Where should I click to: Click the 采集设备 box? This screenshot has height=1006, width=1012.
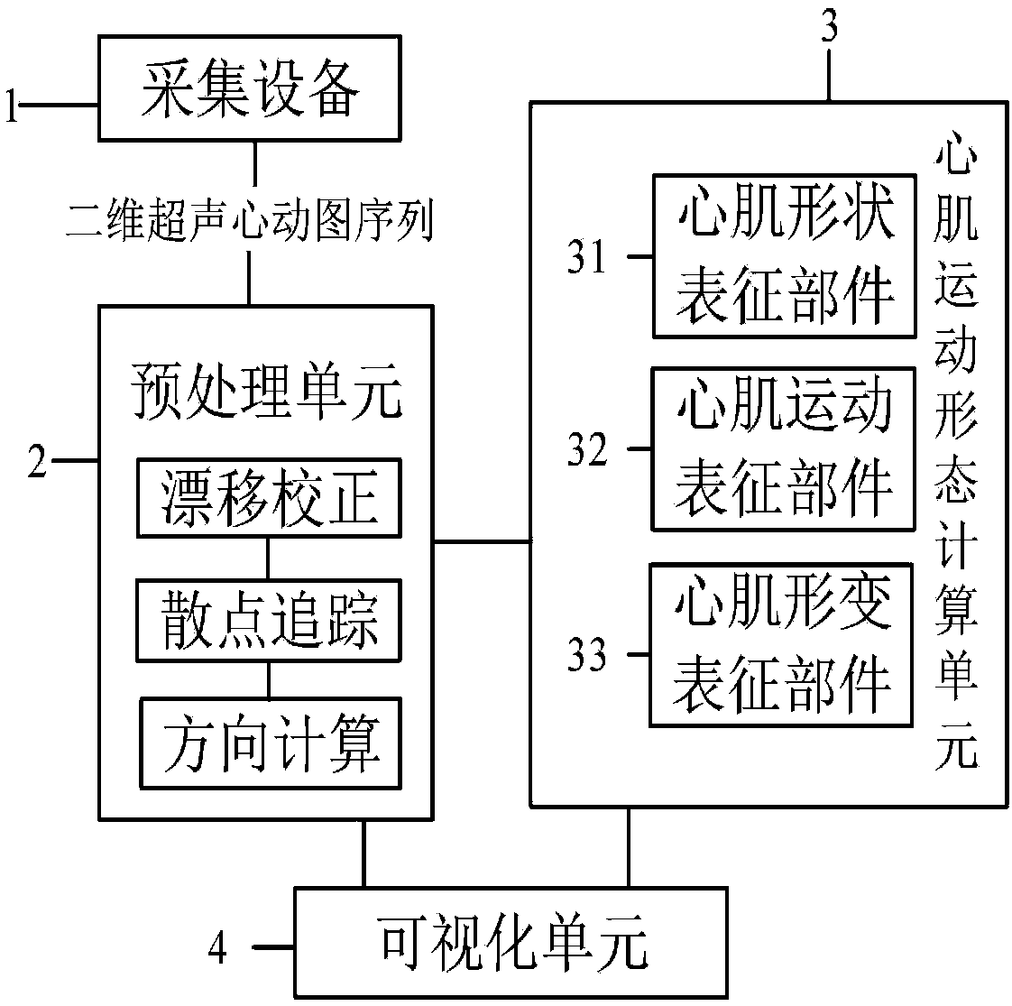(249, 88)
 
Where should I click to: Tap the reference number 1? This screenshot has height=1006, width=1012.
(11, 106)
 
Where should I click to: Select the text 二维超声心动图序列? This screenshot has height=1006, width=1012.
(249, 220)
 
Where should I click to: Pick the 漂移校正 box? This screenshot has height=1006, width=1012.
(269, 498)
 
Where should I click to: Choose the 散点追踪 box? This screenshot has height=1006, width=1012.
(269, 620)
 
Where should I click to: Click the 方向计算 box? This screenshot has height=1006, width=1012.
(271, 743)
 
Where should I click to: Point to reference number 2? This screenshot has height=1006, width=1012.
(38, 461)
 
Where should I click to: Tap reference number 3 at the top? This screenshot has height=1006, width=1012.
(829, 27)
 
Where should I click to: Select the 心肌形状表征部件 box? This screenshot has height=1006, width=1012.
(784, 255)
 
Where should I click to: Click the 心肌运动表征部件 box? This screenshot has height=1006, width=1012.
(783, 449)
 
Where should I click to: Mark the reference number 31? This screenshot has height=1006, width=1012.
(586, 256)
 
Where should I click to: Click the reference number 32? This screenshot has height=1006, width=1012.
(586, 449)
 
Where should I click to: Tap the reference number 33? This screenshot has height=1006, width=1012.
(586, 654)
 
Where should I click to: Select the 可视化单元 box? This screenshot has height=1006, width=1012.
(511, 943)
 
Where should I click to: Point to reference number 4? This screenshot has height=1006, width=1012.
(217, 948)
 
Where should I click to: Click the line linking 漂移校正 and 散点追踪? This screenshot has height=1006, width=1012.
(269, 558)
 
